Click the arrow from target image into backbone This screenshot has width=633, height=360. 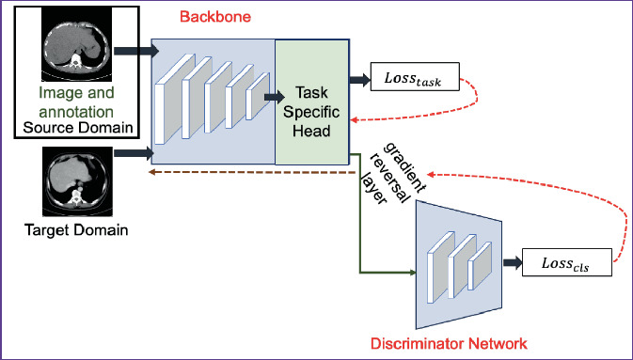(133, 149)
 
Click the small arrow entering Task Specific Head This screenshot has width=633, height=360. (274, 96)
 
